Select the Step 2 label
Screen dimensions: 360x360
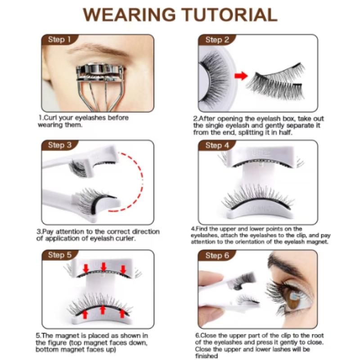pos(217,40)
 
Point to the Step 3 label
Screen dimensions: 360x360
pos(59,145)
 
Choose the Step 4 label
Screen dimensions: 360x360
pos(217,145)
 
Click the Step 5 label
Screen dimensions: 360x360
pos(59,255)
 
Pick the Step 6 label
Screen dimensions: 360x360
pos(217,255)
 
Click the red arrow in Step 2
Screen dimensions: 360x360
pos(241,75)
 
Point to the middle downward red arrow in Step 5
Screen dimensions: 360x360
pos(103,267)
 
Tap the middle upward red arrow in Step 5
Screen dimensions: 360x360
pos(103,310)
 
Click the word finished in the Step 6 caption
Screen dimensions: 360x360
pos(208,356)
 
